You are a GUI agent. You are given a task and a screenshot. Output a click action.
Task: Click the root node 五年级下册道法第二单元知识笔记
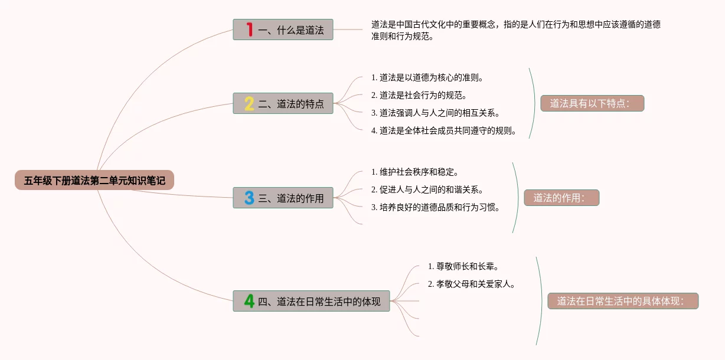point(94,181)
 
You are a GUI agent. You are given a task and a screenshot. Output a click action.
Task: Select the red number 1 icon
point(249,30)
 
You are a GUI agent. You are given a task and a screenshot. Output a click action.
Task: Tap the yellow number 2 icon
point(249,104)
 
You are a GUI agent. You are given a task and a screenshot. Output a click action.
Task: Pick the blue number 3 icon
point(249,198)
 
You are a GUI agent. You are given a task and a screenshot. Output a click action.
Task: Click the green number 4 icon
point(249,301)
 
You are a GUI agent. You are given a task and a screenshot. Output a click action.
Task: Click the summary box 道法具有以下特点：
point(592,103)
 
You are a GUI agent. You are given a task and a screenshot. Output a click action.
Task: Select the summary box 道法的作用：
point(561,198)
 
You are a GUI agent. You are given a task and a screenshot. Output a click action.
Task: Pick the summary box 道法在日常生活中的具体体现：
point(623,301)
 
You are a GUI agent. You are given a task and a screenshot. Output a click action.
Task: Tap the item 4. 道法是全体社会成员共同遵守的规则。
point(444,130)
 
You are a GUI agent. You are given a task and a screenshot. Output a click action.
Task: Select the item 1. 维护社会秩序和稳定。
point(414,172)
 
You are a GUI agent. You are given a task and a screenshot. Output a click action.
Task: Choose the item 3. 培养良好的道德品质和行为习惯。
point(436,207)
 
